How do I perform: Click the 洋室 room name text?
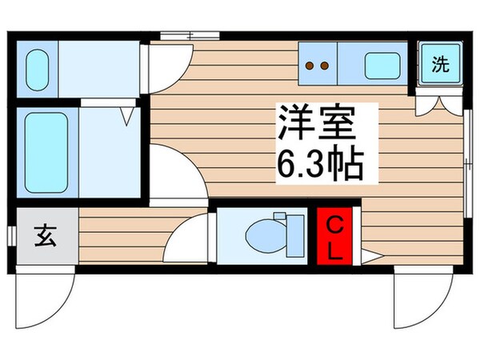316,126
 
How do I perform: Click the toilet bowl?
262,238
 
